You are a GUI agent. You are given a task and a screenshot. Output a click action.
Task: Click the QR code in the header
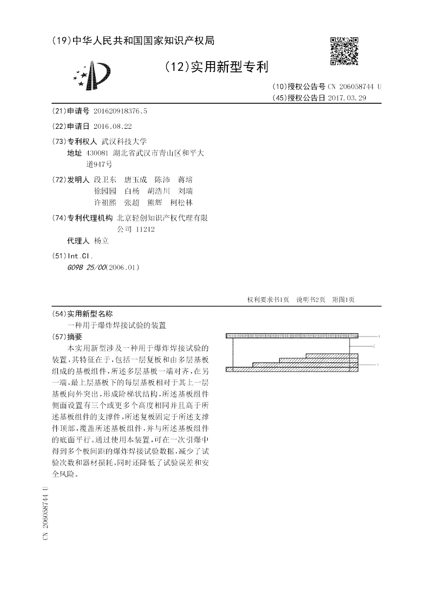point(344,51)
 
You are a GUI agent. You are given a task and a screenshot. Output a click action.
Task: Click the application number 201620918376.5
point(120,111)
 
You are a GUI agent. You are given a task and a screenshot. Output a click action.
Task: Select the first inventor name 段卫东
point(105,179)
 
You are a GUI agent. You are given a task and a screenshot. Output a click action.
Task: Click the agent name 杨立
point(101,241)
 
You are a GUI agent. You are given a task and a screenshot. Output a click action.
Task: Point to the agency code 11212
point(146,229)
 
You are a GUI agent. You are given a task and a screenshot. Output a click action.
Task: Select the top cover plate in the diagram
point(292,336)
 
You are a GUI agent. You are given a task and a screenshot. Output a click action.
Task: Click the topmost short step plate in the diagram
point(332,354)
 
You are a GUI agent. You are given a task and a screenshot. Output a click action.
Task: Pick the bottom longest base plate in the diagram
point(292,370)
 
